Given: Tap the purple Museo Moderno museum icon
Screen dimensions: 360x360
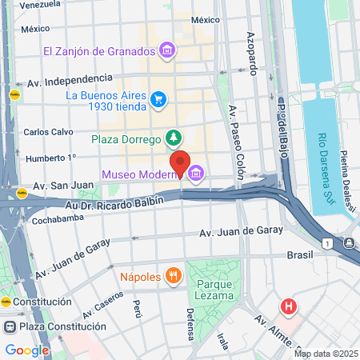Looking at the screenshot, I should point(195,174).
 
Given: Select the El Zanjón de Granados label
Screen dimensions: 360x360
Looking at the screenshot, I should point(100,51).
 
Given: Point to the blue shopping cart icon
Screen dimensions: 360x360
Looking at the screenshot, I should point(158,100).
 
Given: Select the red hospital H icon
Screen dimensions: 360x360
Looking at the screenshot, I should point(288,306).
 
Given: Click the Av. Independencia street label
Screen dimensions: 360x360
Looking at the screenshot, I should point(70,80).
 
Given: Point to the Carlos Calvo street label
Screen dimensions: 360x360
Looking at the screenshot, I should point(48,132).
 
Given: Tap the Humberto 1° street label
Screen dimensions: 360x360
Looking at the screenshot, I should point(50,158).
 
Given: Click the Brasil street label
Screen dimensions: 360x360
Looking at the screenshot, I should point(300,254).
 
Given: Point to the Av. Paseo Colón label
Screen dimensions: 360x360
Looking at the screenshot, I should point(238,137).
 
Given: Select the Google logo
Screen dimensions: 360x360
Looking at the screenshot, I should point(26,350).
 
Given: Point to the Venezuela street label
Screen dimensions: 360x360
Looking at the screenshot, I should point(39,6).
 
